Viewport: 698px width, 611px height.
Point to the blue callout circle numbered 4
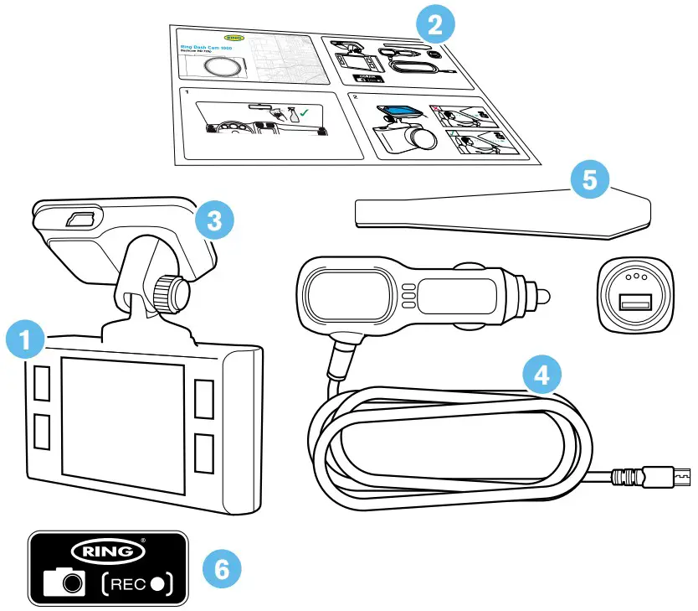[541, 375]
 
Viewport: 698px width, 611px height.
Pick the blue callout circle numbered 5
[590, 182]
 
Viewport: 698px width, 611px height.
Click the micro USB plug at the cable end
[673, 478]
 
